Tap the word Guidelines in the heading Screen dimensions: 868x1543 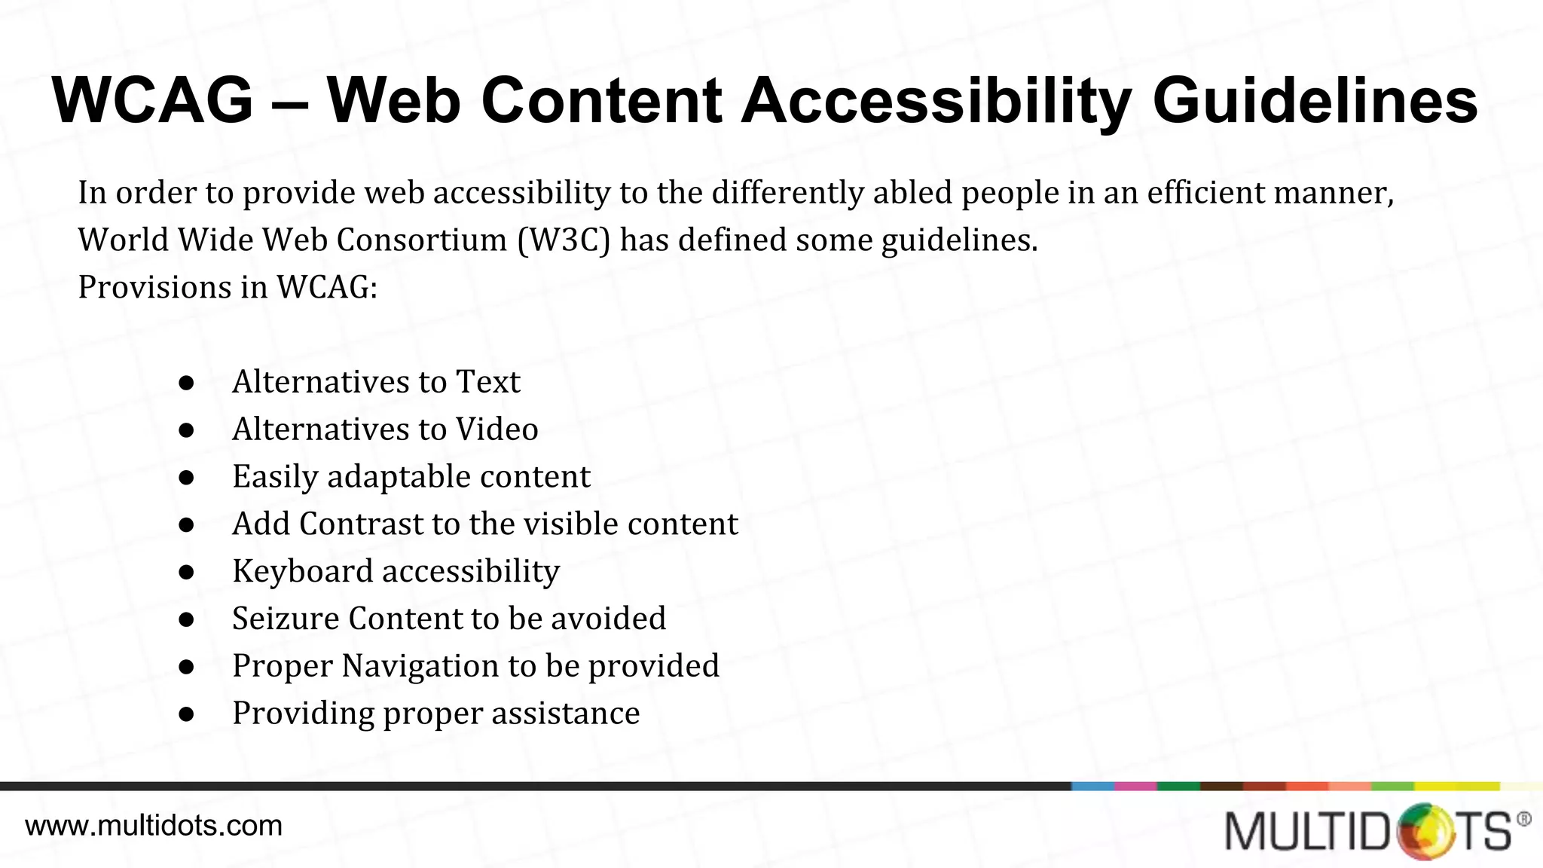[x=1315, y=101]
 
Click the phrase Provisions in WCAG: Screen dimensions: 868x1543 [x=228, y=288]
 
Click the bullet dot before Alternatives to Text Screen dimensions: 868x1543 [x=187, y=383]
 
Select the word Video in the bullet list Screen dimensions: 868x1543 [x=497, y=429]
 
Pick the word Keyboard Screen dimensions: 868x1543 [x=303, y=572]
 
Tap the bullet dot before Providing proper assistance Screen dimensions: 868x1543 [x=187, y=714]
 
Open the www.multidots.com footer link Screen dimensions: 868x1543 [x=154, y=826]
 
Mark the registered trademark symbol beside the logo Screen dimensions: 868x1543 [x=1523, y=819]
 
